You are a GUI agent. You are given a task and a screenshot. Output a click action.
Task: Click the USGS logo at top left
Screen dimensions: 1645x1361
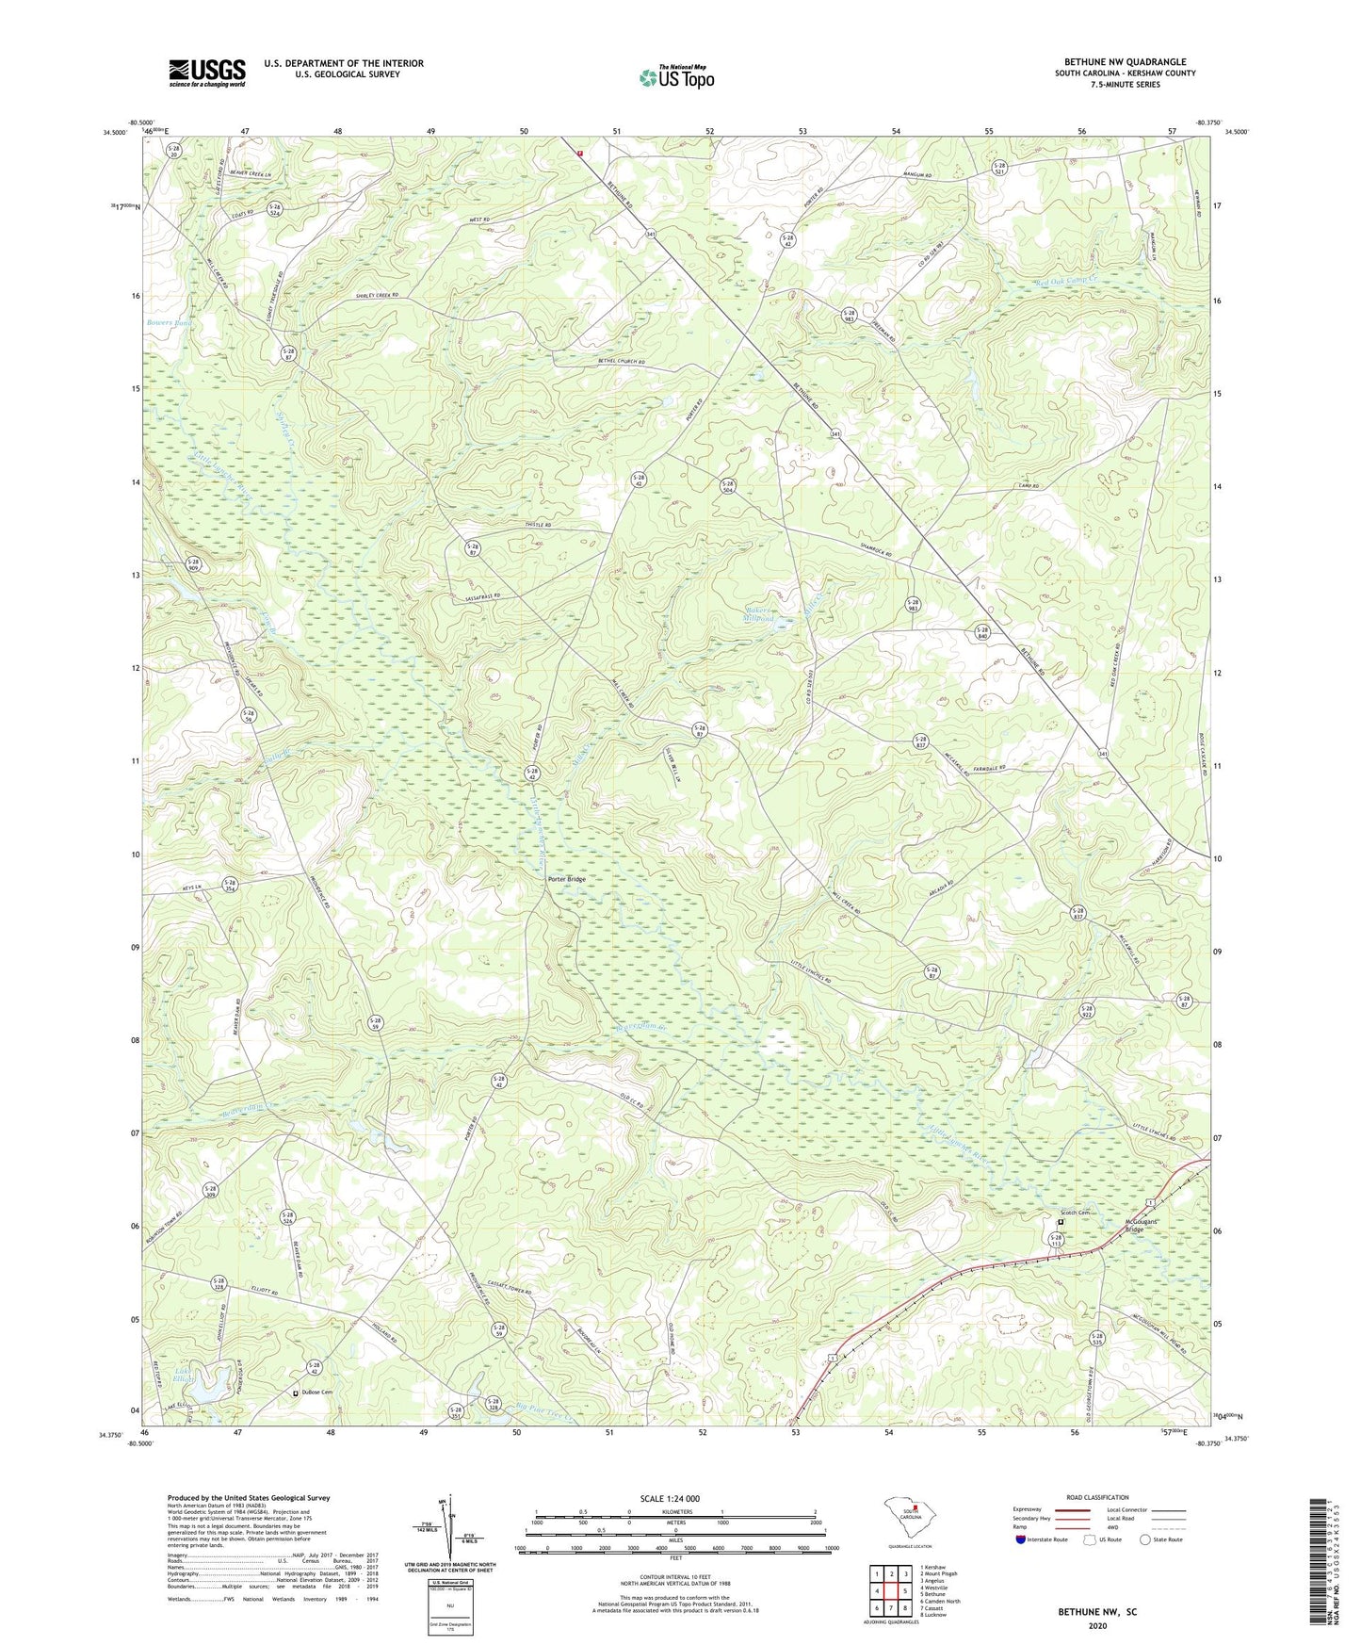[207, 73]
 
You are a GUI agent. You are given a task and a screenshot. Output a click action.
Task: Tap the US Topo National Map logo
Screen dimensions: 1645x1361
[675, 77]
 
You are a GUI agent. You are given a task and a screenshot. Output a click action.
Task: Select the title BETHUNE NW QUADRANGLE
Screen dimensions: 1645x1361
[1125, 62]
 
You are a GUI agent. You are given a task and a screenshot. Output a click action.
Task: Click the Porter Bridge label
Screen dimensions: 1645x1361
[567, 879]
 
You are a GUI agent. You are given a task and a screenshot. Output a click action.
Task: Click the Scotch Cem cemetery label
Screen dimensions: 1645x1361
[1074, 1213]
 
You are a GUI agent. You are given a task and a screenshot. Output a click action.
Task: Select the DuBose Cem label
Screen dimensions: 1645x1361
[319, 1393]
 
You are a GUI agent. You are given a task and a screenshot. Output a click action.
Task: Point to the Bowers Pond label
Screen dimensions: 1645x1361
[170, 322]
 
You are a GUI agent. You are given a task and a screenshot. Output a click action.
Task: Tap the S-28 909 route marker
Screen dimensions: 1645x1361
[193, 564]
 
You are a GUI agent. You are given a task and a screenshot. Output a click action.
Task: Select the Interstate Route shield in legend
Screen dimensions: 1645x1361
[1023, 1540]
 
